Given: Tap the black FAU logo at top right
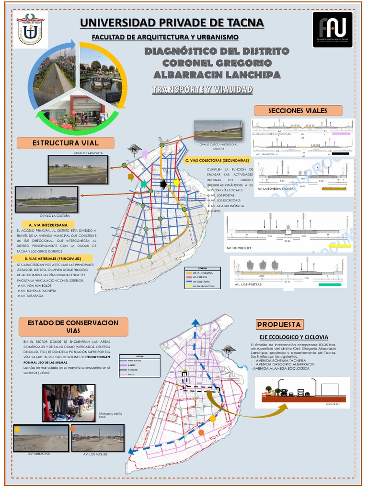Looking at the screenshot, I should [332, 29].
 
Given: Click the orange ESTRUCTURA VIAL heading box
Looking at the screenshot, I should [66, 143].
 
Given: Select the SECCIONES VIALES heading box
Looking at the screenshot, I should [298, 111].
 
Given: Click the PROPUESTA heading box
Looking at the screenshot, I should [279, 324].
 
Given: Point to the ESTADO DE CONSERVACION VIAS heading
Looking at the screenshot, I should [73, 327].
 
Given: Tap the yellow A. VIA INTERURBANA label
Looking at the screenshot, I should [48, 224].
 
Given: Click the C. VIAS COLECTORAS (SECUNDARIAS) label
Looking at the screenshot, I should [217, 160].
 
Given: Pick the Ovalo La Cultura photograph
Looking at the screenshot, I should [46, 199].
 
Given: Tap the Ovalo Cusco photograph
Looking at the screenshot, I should [218, 129].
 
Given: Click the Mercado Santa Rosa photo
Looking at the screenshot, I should [69, 403].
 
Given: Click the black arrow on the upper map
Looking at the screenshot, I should [163, 184].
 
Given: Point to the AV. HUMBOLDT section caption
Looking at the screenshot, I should [239, 248].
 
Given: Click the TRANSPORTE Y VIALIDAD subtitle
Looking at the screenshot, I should [202, 90].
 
